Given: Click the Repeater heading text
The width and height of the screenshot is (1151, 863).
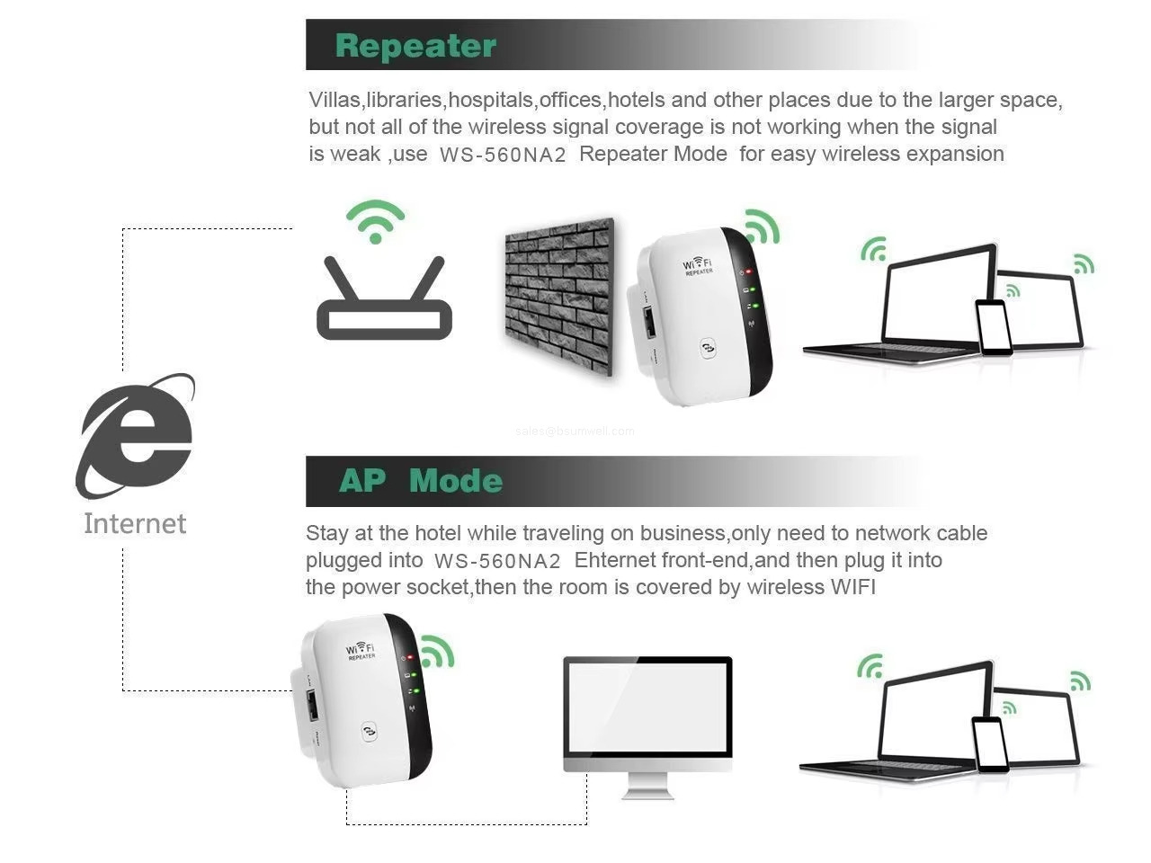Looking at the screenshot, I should tap(415, 46).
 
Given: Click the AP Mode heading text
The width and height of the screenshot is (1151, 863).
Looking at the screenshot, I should tap(420, 481).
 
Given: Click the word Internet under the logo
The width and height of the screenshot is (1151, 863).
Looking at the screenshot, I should tap(135, 523).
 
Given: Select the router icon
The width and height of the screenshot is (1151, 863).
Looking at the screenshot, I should tap(384, 301).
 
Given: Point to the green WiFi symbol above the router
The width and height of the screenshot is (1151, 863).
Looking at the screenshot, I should tap(376, 221).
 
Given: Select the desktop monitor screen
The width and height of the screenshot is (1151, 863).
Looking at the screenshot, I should tap(647, 707).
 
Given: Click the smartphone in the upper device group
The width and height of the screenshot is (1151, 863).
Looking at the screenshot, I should tap(994, 327).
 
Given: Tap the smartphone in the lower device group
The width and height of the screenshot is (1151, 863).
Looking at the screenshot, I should tap(990, 743).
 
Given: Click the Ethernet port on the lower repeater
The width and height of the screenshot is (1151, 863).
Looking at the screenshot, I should tap(311, 705).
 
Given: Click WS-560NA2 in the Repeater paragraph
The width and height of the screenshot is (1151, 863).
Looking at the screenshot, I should tap(503, 155).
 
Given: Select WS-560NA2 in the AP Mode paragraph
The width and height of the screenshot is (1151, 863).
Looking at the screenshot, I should tap(497, 561).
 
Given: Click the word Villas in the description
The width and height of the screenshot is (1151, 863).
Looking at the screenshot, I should tap(335, 100).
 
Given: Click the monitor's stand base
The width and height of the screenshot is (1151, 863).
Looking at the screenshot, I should tap(647, 791).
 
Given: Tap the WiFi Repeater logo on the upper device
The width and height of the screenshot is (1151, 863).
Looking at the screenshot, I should tap(698, 265).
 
